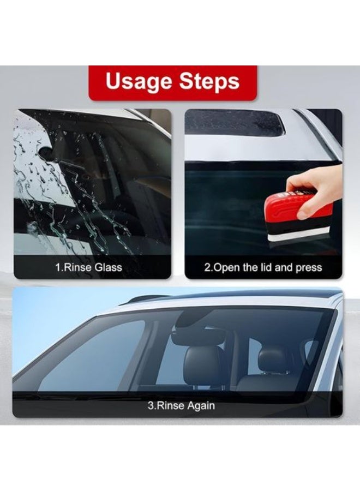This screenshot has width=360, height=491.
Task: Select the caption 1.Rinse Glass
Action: (x=88, y=267)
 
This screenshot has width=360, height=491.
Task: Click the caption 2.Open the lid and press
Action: (x=263, y=267)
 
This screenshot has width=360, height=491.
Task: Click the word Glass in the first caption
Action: (x=109, y=267)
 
